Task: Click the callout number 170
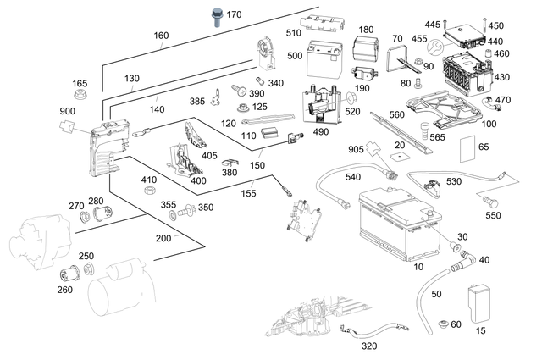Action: [234, 14]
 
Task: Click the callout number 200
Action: [163, 239]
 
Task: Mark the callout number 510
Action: [294, 33]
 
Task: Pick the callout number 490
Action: [320, 131]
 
